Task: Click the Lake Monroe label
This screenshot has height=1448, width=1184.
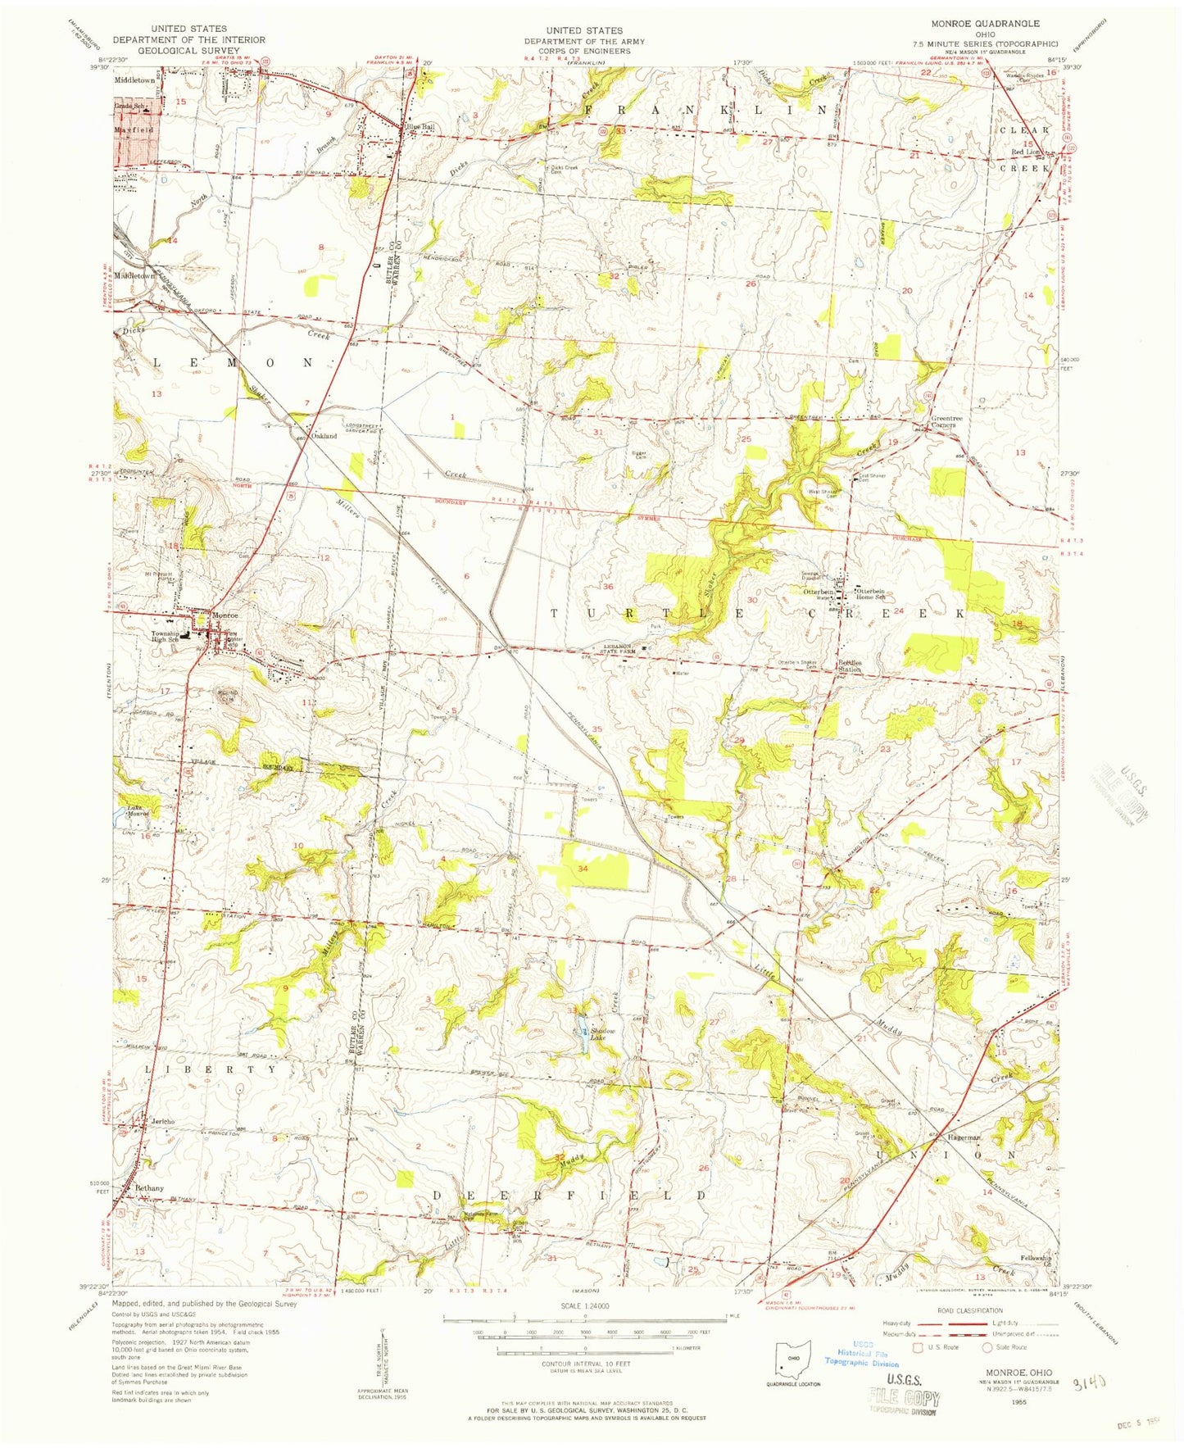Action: (137, 810)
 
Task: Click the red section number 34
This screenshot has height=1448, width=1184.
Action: (583, 868)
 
